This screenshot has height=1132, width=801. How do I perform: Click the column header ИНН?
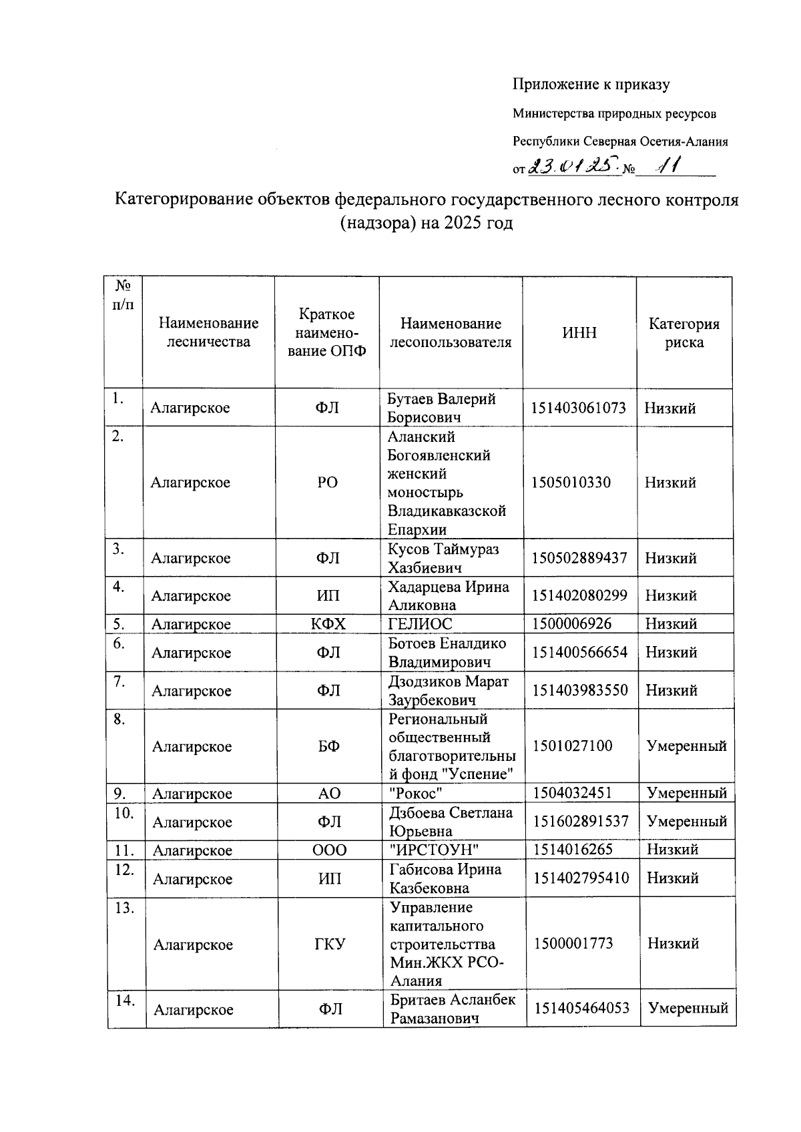(579, 332)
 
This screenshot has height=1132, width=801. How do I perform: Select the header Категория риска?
(684, 333)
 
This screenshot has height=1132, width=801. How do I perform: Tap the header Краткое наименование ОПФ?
(327, 332)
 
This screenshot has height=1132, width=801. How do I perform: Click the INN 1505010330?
(571, 483)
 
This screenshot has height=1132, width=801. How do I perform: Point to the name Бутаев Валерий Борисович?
(441, 408)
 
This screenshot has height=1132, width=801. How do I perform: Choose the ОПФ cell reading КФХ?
(328, 624)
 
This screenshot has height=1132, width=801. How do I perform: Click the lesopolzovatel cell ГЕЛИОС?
(421, 624)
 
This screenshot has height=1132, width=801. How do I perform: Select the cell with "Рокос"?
(417, 793)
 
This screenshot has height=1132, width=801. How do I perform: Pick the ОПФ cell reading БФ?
(329, 746)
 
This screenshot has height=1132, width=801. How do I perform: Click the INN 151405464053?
(581, 1008)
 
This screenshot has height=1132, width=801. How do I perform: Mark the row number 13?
(125, 908)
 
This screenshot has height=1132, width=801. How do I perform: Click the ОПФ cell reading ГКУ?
(330, 944)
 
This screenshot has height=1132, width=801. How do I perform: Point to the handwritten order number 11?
(666, 167)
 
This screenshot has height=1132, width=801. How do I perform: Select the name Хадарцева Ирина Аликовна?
(449, 596)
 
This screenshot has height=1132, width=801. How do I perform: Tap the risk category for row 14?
(688, 1008)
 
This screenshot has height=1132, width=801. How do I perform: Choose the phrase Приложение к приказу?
(591, 84)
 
